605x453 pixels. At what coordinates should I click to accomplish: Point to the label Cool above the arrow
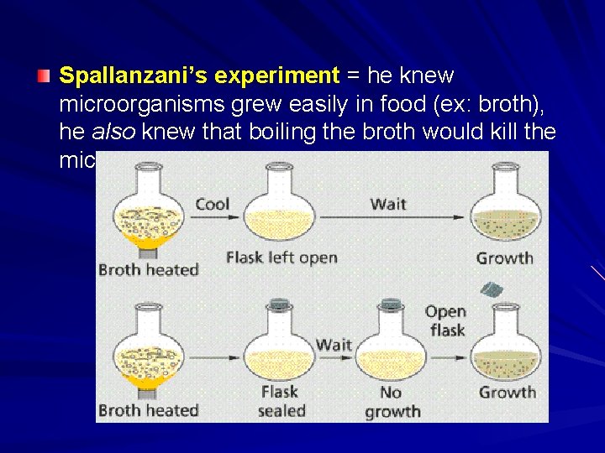[212, 204]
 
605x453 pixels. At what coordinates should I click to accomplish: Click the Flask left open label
[281, 258]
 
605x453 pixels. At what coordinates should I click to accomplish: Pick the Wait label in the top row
[388, 204]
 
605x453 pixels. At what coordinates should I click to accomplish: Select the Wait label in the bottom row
[334, 345]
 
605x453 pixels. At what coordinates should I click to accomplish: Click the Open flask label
[446, 320]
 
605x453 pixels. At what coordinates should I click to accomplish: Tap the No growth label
[392, 402]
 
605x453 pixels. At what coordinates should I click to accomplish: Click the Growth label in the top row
[504, 258]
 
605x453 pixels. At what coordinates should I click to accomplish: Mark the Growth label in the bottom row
[507, 392]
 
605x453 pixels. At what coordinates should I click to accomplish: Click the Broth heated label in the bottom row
[148, 410]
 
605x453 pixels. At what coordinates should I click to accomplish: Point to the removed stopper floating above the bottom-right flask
[491, 289]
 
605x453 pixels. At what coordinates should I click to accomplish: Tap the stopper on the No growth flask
[391, 307]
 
